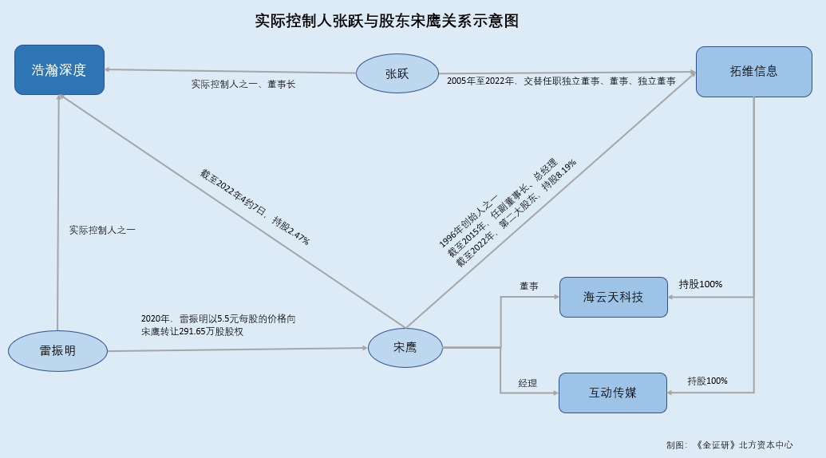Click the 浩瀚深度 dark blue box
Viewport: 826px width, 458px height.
pyautogui.click(x=59, y=69)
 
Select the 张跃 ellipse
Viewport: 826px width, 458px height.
pyautogui.click(x=397, y=73)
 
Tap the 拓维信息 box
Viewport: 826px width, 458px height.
pyautogui.click(x=753, y=71)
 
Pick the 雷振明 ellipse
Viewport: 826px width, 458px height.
pyautogui.click(x=57, y=350)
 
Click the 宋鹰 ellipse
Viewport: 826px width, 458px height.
pyautogui.click(x=405, y=348)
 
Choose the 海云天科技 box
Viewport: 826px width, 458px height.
pyautogui.click(x=613, y=297)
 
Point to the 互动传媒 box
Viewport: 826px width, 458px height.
pyautogui.click(x=612, y=393)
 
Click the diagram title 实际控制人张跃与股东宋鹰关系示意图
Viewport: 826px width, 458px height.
pyautogui.click(x=387, y=22)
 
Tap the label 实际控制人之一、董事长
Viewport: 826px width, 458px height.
pyautogui.click(x=243, y=84)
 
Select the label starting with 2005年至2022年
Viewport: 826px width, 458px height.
pyautogui.click(x=561, y=81)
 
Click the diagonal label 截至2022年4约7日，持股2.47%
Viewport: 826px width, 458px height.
pyautogui.click(x=254, y=207)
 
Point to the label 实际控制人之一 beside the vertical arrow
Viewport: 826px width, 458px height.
pyautogui.click(x=102, y=230)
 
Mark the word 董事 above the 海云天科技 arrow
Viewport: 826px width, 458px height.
pyautogui.click(x=528, y=286)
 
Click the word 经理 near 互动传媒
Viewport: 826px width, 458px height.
pyautogui.click(x=528, y=384)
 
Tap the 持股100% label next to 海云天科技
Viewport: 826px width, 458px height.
pyautogui.click(x=700, y=284)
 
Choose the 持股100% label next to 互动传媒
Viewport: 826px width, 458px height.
pyautogui.click(x=707, y=381)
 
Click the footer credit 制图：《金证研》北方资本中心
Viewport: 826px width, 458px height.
pyautogui.click(x=729, y=444)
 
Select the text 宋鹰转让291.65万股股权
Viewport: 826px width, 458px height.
pyautogui.click(x=192, y=331)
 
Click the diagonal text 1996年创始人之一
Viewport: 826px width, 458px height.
pyautogui.click(x=468, y=221)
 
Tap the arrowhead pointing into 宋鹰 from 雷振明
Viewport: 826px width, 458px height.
pyautogui.click(x=362, y=348)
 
